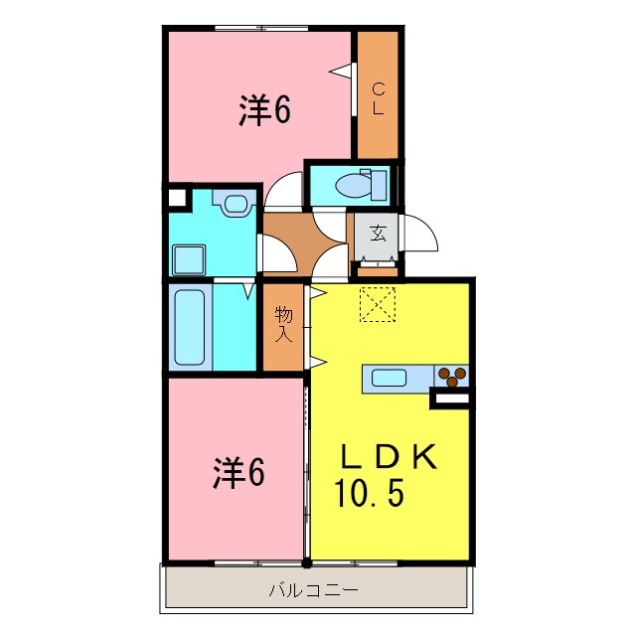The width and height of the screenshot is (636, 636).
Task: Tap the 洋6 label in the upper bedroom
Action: pyautogui.click(x=263, y=111)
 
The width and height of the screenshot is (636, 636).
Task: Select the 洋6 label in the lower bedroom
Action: pyautogui.click(x=238, y=473)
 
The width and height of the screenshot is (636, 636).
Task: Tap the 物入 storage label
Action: pyautogui.click(x=284, y=324)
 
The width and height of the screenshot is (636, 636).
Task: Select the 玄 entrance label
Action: pyautogui.click(x=379, y=234)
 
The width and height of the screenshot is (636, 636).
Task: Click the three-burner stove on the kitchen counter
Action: pyautogui.click(x=453, y=376)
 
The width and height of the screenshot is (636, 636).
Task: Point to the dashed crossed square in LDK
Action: pyautogui.click(x=377, y=305)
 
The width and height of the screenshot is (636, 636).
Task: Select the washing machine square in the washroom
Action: pyautogui.click(x=189, y=260)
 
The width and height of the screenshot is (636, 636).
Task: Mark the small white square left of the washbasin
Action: pyautogui.click(x=177, y=196)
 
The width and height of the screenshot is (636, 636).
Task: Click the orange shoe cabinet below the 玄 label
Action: pyautogui.click(x=378, y=265)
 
